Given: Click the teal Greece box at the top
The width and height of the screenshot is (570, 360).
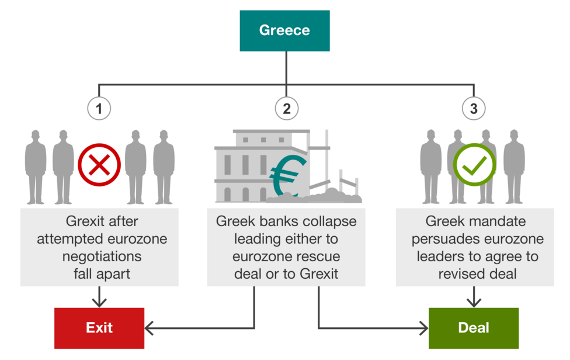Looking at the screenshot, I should (284, 30).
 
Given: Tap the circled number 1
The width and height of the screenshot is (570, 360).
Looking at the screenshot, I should (99, 108).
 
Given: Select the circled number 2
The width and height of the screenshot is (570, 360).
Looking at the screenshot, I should (286, 108).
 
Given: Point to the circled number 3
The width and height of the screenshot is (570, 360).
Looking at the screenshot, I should (474, 108).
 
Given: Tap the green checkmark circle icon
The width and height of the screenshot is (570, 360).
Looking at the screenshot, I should (475, 164).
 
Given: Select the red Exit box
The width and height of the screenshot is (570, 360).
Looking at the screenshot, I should (99, 328).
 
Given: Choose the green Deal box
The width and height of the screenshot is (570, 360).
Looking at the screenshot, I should (474, 328).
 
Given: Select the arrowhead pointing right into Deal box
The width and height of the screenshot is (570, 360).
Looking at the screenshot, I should (423, 328).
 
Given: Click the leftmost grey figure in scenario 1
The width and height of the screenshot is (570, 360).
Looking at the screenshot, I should (35, 167).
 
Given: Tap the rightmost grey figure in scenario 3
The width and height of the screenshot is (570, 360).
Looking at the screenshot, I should (514, 167).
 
